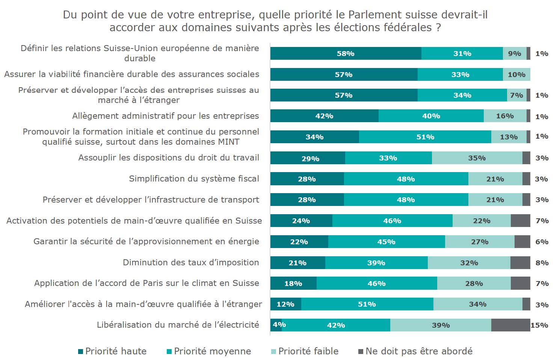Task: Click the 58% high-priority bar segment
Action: coord(346,53)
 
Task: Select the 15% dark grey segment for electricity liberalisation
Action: coord(510,325)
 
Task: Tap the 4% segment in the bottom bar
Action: coord(276,325)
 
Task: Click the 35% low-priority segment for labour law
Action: coord(477,158)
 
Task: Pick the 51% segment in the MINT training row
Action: coord(425,137)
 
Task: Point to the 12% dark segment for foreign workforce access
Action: coord(285,304)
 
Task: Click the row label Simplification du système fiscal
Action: coord(194,178)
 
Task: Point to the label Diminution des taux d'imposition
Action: coord(191,262)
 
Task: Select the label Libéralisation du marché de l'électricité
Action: coord(178,325)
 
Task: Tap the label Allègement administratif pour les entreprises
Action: coord(165,116)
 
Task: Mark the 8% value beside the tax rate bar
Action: coord(542,263)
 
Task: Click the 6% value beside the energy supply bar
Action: coord(542,242)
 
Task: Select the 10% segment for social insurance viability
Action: coord(516,74)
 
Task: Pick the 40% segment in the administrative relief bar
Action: coord(431,116)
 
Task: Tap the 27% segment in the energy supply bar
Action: coord(480,242)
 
